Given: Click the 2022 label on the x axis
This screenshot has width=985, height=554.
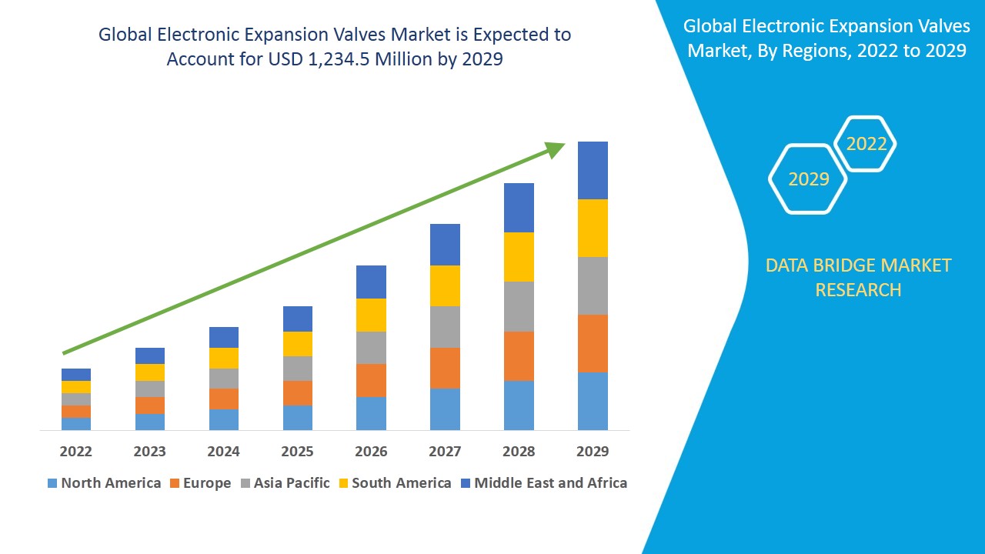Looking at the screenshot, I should coord(75,451).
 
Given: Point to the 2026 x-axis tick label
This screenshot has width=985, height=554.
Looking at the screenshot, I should coord(371,451).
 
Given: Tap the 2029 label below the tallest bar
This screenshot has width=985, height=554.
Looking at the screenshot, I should coord(593,451).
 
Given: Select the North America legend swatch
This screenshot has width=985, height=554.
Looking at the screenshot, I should coord(52,483).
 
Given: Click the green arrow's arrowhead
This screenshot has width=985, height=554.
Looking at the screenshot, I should coord(554,148).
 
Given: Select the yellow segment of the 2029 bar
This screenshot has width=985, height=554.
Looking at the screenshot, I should coord(593,228).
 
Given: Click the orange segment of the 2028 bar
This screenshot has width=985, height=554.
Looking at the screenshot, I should coord(519,355).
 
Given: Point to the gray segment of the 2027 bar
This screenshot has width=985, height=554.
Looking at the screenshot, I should coord(445,327).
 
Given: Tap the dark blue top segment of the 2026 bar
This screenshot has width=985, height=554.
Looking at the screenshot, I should coord(371,282).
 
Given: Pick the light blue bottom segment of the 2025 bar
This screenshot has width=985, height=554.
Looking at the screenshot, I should coord(297,417).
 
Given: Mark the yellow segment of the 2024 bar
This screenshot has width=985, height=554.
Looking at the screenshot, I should coord(223,358).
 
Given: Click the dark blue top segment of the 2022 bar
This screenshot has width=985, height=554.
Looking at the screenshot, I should coord(75,374).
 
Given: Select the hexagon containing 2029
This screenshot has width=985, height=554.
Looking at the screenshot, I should coord(808,179).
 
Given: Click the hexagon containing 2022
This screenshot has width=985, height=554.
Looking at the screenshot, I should coord(866,144).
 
